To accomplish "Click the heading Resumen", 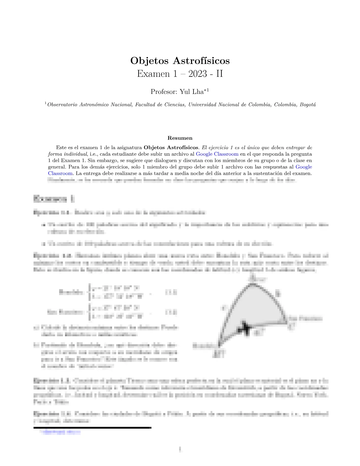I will pyautogui.click(x=180, y=138).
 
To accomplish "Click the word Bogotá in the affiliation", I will pyautogui.click(x=308, y=105).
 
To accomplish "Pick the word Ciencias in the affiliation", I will pyautogui.click(x=175, y=105).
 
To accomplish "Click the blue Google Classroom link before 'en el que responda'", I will pyautogui.click(x=217, y=154).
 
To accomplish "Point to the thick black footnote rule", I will pyautogui.click(x=92, y=427).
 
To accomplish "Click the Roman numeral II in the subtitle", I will pyautogui.click(x=219, y=74).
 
